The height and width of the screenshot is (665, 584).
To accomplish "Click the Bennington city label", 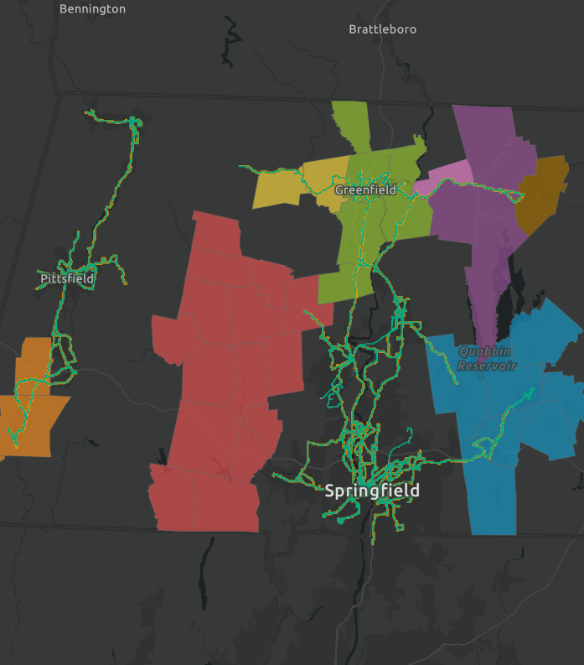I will click(x=92, y=9).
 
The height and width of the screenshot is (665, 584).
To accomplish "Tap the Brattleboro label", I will click(x=382, y=29).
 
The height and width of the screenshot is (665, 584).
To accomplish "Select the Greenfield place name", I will click(x=365, y=190).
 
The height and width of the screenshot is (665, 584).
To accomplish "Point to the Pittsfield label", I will click(x=67, y=278).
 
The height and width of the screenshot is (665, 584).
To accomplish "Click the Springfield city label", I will click(x=372, y=491).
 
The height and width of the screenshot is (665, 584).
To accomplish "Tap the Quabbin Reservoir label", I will click(x=487, y=358).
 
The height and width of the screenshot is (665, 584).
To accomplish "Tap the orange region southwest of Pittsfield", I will click(x=34, y=403).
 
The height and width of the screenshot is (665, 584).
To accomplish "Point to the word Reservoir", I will click(x=487, y=366).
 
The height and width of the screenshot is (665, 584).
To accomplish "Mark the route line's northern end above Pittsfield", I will click(x=89, y=112).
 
